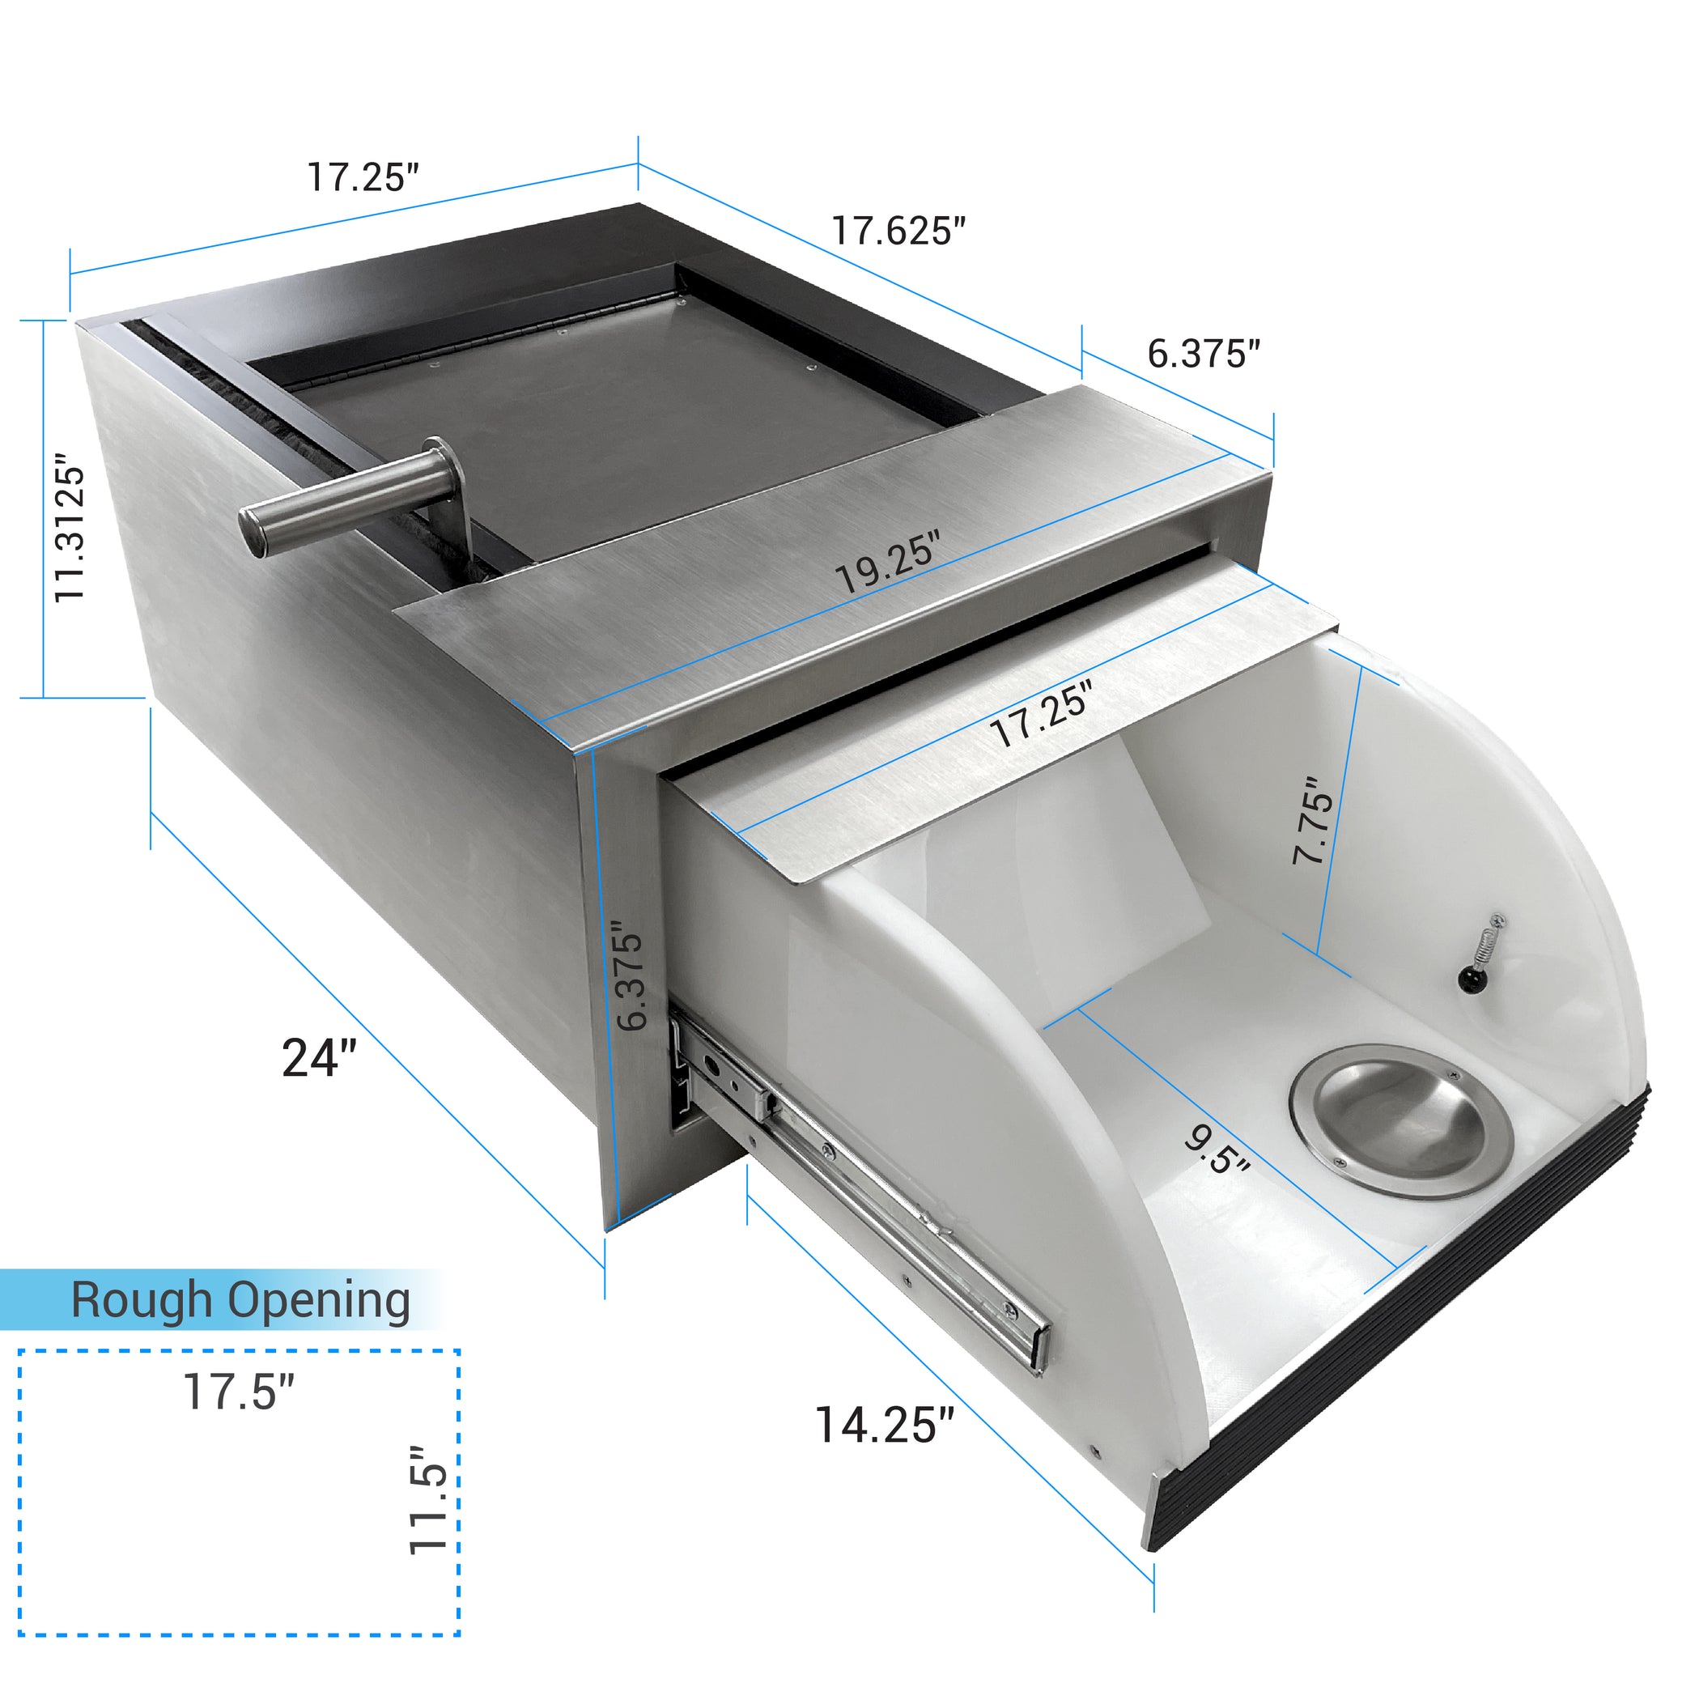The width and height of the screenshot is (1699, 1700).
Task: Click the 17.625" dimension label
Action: (x=898, y=232)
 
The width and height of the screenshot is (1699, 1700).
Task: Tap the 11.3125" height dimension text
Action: (x=70, y=528)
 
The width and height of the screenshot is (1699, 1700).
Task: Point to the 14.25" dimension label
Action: (x=884, y=1425)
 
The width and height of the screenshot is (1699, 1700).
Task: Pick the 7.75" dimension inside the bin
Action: (x=1314, y=820)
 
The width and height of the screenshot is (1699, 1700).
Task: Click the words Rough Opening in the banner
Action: (x=240, y=1299)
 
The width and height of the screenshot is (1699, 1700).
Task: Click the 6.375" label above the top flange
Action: (x=1203, y=353)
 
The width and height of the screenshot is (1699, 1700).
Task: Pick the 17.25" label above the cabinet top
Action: (x=362, y=176)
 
